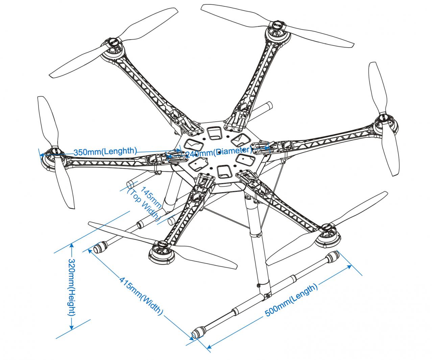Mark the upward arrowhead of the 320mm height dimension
[x=72, y=246]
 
